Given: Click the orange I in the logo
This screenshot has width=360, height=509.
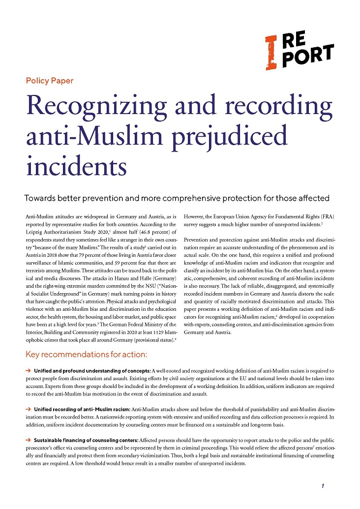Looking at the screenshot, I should click(x=270, y=51).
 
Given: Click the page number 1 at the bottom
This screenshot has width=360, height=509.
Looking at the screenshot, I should click(x=322, y=486).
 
